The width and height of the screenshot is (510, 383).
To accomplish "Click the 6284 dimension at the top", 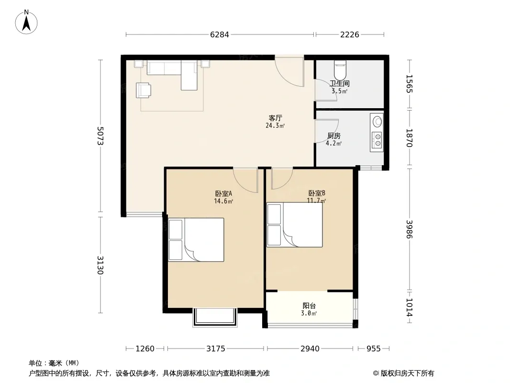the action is point(220,34).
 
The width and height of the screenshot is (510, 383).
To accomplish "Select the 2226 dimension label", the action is point(350,34).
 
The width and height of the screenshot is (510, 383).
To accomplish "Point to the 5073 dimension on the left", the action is point(100,136).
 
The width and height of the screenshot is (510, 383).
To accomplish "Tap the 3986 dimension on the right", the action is point(409,229).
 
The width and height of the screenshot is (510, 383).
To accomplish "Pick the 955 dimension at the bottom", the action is point(373,349).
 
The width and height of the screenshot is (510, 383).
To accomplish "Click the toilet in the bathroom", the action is point(340,70).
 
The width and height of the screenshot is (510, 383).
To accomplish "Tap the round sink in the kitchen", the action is point(377,122).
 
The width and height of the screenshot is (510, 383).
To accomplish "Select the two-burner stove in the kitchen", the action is point(377,140).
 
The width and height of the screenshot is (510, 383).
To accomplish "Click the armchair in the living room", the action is point(143,90).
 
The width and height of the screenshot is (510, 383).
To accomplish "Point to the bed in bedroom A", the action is point(196,240).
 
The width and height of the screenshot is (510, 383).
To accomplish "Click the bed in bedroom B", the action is point(295,225).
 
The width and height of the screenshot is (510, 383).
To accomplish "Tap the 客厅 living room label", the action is point(275,118).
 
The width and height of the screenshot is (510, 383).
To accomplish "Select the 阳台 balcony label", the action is point(309,305).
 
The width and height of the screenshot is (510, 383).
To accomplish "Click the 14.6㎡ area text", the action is point(223,201).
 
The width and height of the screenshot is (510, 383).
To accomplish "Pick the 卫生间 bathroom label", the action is point(340,83).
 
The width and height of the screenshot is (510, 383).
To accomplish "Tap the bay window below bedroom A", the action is point(214,317).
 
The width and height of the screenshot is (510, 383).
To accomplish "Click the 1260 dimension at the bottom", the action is point(145,349).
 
